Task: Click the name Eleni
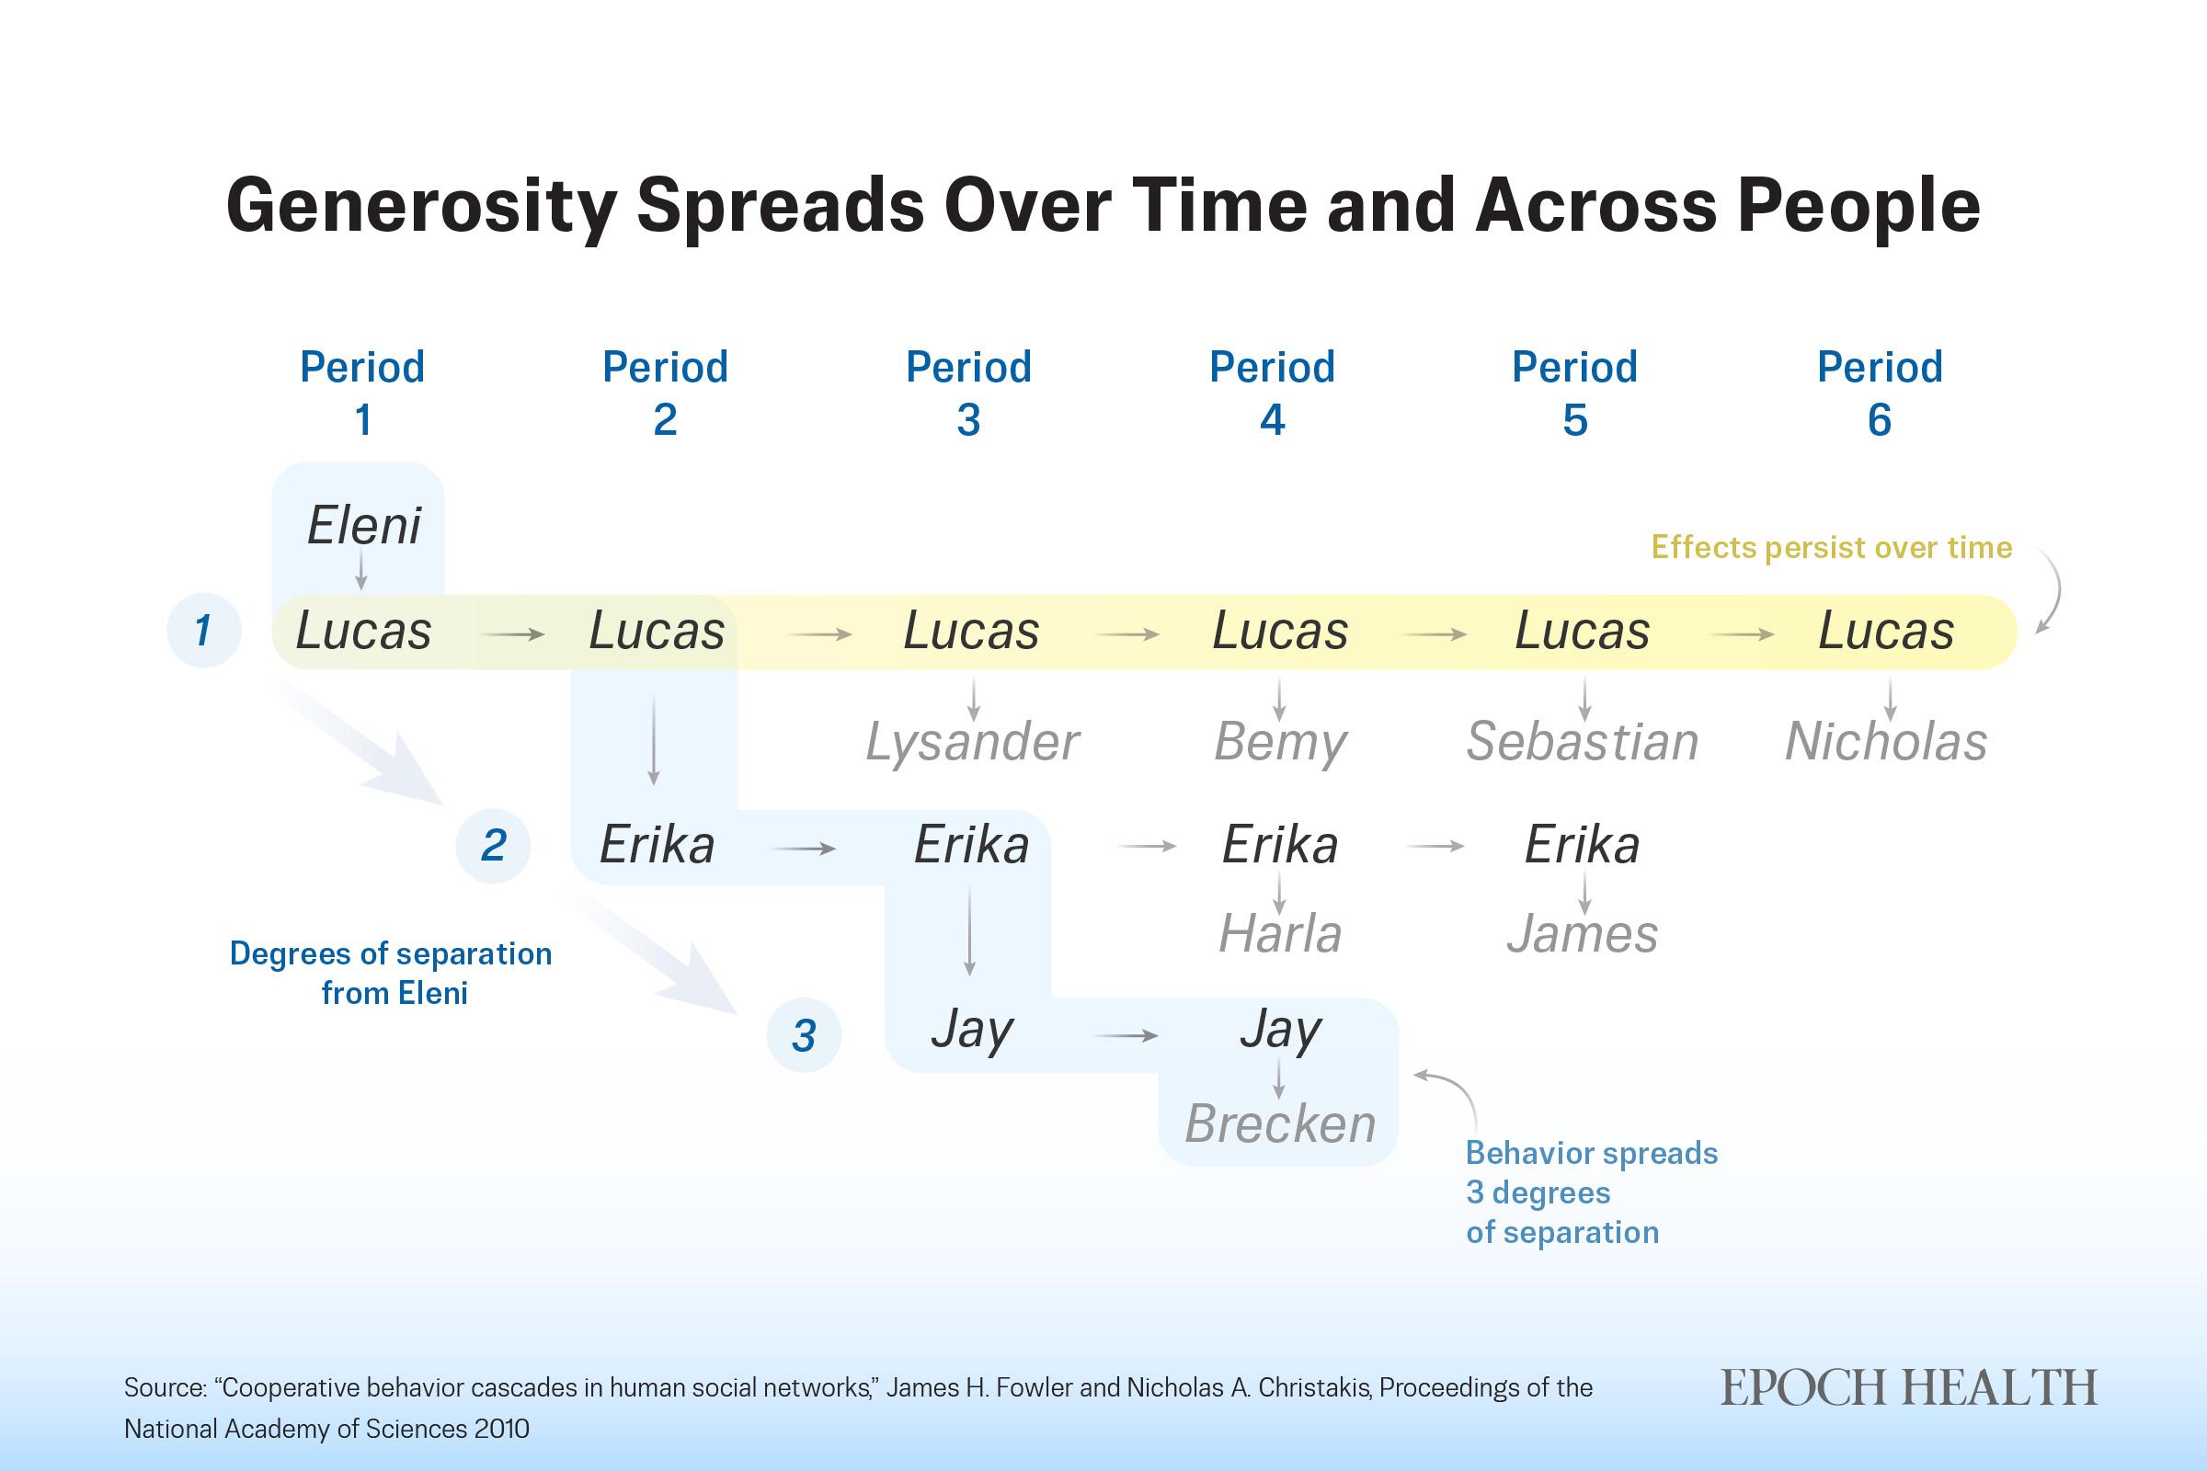[364, 525]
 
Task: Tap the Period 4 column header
[1272, 393]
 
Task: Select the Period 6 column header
[1880, 393]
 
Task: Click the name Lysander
[972, 742]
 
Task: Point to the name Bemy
[1280, 742]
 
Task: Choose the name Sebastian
[1582, 742]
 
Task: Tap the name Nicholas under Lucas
[1886, 742]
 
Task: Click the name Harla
[1280, 934]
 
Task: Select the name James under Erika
[1582, 934]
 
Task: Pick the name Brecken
[1280, 1123]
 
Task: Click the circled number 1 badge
[203, 630]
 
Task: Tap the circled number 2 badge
[493, 845]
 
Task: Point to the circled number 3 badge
[804, 1036]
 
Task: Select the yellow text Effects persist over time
[1832, 547]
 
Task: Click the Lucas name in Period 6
[1886, 631]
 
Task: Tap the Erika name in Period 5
[1582, 844]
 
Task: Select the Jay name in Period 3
[972, 1030]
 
